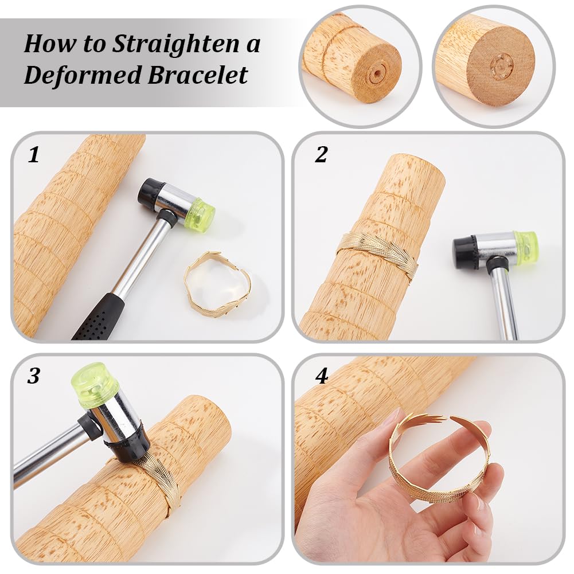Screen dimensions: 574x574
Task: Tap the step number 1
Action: tap(34, 155)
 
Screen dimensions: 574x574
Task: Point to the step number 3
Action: tap(34, 376)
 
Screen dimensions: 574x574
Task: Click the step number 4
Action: tap(322, 376)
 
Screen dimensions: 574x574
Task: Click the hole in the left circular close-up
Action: tap(376, 75)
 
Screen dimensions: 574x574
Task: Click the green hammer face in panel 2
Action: tap(526, 247)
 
